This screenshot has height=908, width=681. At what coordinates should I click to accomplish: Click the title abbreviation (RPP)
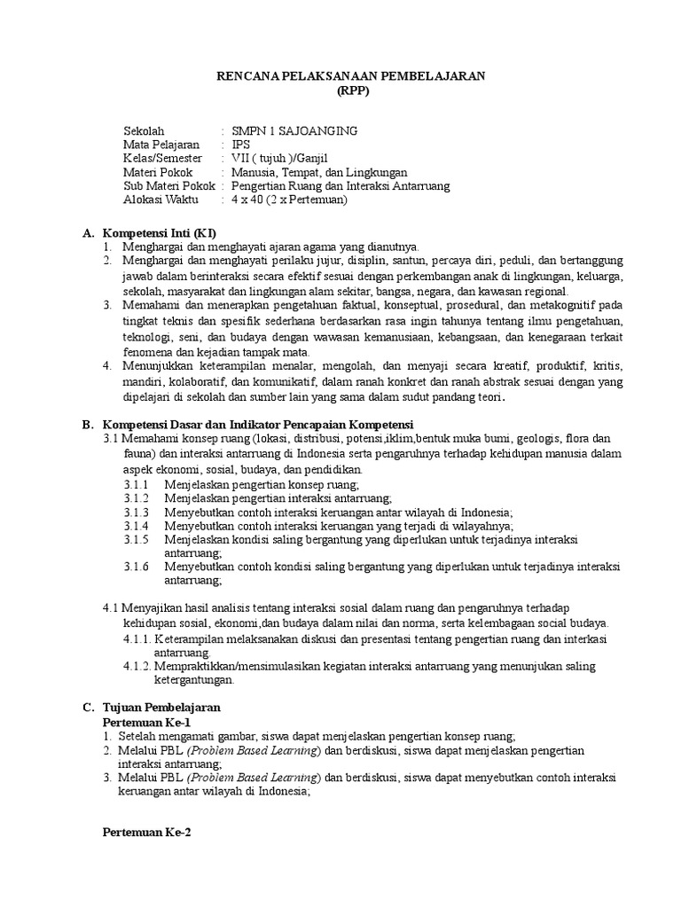pos(351,91)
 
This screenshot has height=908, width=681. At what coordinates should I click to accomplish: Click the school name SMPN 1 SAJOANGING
pos(294,130)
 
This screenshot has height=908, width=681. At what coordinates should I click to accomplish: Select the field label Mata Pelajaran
pos(161,145)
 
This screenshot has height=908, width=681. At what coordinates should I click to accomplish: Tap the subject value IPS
pos(240,145)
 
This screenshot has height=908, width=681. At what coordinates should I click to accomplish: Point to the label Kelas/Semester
pos(163,158)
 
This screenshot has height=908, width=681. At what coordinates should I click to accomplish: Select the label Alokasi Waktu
pos(161,200)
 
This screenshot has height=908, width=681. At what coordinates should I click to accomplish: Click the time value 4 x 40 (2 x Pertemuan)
pos(289,200)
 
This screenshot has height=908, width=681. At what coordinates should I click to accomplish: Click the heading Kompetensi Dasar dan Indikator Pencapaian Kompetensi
pos(259,425)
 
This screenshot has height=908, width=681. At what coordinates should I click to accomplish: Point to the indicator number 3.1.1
pos(136,484)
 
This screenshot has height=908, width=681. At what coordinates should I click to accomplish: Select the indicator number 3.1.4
pos(136,526)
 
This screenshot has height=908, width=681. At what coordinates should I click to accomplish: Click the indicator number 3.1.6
pos(136,567)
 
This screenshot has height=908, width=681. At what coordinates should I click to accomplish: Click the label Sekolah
pos(144,130)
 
